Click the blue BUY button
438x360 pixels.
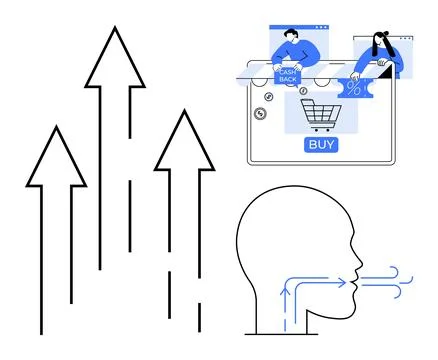coord(321,144)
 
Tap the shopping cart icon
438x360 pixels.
coord(321,115)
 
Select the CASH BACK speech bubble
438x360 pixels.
coord(288,75)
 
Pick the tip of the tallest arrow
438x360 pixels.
coord(114,30)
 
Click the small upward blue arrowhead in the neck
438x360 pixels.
coord(288,288)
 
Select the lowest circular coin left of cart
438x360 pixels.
coord(261,114)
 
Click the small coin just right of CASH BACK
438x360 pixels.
coord(302,90)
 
